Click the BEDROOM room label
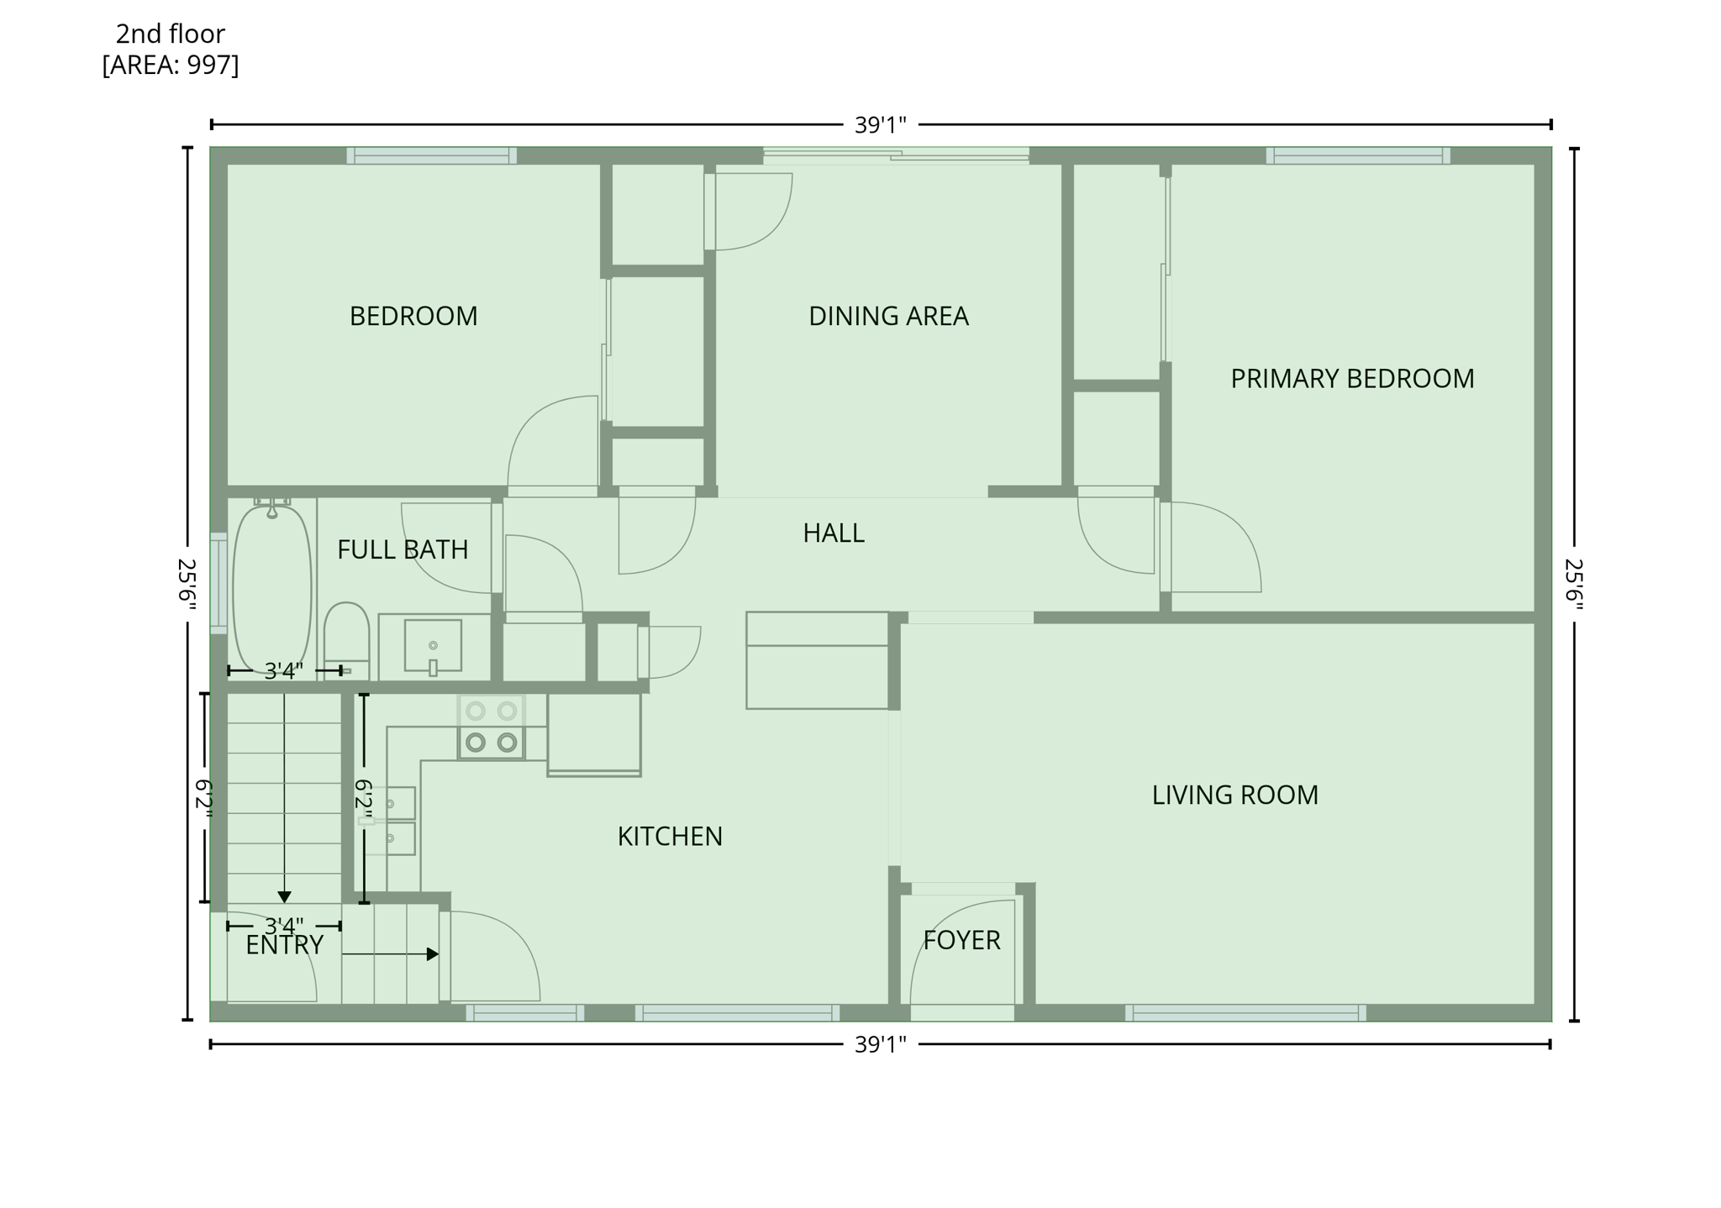(413, 317)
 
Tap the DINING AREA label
(888, 317)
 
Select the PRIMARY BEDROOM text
(1351, 379)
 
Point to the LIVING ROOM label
(1234, 795)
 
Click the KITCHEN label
(670, 837)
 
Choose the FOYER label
(961, 940)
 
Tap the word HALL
(833, 533)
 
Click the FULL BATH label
(403, 550)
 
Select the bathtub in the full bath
(271, 588)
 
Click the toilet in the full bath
(346, 634)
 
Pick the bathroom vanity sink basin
(433, 646)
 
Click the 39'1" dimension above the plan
(880, 125)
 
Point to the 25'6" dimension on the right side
(1573, 585)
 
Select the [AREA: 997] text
(171, 65)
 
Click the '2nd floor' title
(171, 34)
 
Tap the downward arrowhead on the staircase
(284, 896)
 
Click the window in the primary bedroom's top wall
(1358, 155)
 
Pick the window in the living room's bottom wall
(1245, 1013)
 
